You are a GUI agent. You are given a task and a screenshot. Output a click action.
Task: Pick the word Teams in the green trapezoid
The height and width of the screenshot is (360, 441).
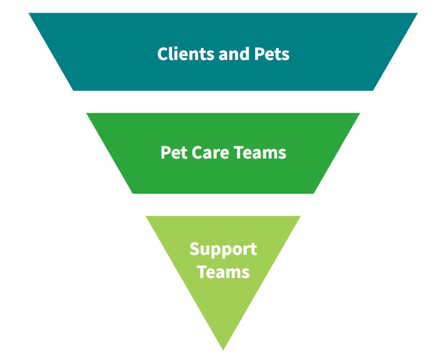(261, 152)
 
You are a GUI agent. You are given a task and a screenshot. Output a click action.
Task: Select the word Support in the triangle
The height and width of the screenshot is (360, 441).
(223, 249)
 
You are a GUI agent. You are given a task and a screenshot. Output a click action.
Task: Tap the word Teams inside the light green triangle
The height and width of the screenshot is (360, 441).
(223, 271)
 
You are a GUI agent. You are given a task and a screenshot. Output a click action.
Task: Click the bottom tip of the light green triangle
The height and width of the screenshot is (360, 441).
(223, 349)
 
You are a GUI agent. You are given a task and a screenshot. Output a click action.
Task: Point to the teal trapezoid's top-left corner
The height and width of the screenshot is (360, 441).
(30, 14)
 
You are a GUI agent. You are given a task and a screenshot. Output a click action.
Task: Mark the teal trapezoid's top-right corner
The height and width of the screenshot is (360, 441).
(417, 14)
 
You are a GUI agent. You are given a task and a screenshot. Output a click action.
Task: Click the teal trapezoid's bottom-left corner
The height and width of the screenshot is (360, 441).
(74, 90)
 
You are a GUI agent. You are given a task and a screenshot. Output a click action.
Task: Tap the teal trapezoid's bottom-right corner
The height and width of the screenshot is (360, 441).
(373, 90)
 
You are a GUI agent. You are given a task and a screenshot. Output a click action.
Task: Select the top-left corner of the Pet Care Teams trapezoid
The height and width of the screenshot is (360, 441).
(87, 113)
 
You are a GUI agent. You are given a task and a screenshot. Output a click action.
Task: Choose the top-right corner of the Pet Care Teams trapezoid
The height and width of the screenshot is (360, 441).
(360, 113)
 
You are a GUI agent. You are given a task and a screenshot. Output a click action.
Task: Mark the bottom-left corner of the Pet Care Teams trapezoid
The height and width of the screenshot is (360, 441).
(133, 193)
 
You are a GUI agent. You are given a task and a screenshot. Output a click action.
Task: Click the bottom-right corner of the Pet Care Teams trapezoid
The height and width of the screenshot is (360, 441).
(313, 193)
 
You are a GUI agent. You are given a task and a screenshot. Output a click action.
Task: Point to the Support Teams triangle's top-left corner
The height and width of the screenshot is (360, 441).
(146, 216)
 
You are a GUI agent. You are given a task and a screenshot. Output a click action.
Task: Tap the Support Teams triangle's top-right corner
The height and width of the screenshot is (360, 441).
(300, 216)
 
